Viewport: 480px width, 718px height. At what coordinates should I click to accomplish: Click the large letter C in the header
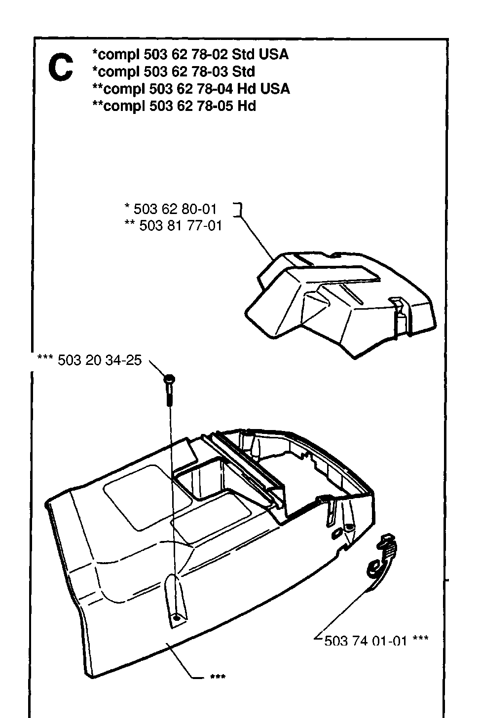click(x=61, y=68)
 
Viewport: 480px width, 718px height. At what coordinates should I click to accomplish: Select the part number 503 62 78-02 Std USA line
click(x=190, y=54)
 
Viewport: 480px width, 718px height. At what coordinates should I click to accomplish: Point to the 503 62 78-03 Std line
click(x=174, y=72)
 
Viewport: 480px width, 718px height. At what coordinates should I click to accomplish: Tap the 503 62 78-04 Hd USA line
click(x=191, y=89)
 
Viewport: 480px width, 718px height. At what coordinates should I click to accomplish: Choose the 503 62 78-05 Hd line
click(x=174, y=106)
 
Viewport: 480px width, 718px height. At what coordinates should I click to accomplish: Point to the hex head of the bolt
click(x=169, y=379)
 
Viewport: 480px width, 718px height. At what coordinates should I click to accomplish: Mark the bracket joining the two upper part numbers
click(x=237, y=210)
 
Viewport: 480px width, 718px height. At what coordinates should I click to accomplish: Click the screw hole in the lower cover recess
click(x=176, y=616)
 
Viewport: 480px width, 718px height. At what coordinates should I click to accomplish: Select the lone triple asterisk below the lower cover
click(x=218, y=677)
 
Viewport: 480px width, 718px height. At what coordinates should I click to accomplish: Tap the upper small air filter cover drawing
click(x=340, y=305)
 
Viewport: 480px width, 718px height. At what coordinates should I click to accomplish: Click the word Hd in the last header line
click(x=247, y=106)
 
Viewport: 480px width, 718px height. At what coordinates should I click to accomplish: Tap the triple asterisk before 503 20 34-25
click(x=45, y=358)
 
